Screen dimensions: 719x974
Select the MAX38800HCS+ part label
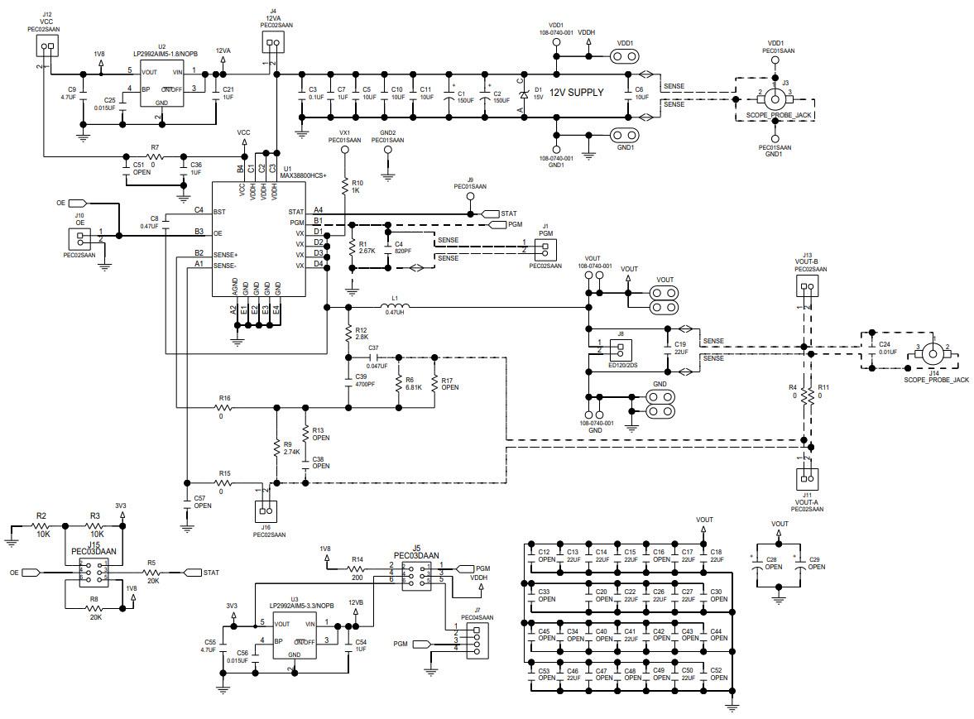click(x=304, y=175)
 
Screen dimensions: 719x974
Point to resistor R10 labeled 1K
click(x=344, y=186)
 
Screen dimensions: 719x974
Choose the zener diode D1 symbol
click(x=523, y=93)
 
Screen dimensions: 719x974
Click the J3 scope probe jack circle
click(x=775, y=96)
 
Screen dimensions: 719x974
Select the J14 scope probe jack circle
click(x=933, y=353)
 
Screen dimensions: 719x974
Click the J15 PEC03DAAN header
click(x=92, y=572)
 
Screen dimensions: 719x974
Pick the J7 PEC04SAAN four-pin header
click(x=477, y=642)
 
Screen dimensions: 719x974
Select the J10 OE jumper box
click(x=80, y=238)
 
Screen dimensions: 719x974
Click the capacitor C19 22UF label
click(x=680, y=348)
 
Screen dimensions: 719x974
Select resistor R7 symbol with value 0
click(x=154, y=156)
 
